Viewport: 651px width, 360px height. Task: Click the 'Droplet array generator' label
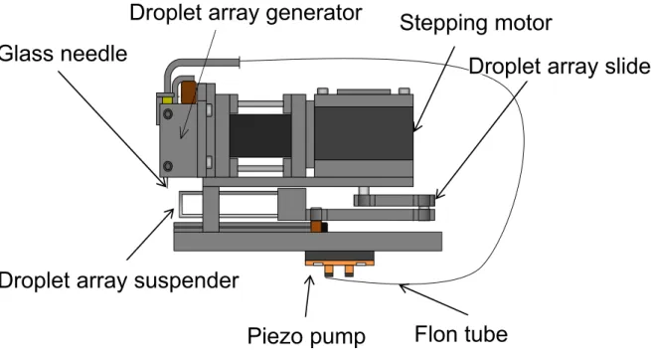click(x=245, y=13)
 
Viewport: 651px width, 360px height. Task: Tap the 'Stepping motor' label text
click(x=476, y=23)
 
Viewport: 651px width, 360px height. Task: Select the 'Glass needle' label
click(x=63, y=54)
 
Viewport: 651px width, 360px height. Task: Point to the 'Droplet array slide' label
click(x=560, y=67)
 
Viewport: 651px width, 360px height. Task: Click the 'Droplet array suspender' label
click(x=119, y=281)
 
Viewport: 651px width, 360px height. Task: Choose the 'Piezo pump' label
click(x=306, y=335)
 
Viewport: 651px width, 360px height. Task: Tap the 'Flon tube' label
click(x=461, y=334)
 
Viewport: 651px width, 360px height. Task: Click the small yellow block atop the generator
click(x=167, y=100)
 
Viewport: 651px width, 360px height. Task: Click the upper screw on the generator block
click(x=168, y=113)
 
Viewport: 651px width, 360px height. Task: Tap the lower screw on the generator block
click(x=168, y=166)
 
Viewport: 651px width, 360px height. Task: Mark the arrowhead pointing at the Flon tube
click(x=404, y=287)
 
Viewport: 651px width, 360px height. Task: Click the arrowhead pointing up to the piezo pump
click(x=309, y=279)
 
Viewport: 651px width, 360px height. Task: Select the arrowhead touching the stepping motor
click(x=416, y=127)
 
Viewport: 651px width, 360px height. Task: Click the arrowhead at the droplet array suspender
click(x=170, y=213)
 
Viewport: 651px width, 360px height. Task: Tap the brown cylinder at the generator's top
click(x=189, y=92)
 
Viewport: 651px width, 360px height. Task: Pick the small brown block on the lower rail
click(x=316, y=227)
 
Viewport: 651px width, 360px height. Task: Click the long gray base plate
click(x=308, y=242)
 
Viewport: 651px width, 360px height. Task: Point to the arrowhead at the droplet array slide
click(x=439, y=195)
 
